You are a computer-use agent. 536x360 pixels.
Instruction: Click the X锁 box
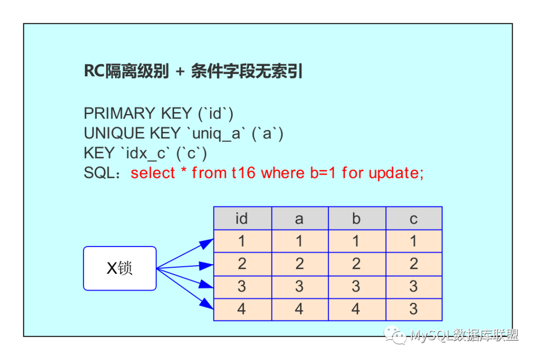coord(120,268)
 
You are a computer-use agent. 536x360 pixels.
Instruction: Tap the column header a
coord(300,218)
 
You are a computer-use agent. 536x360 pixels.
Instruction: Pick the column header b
coord(357,218)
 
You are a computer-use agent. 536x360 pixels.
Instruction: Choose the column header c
coord(414,218)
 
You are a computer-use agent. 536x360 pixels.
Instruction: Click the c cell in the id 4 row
coord(414,309)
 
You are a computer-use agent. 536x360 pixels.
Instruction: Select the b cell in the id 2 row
coord(357,264)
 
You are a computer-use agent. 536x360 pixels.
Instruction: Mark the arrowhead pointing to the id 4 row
coord(207,303)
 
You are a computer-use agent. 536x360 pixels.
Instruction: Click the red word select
coord(153,173)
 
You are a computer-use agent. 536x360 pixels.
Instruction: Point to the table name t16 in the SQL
coord(243,173)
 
